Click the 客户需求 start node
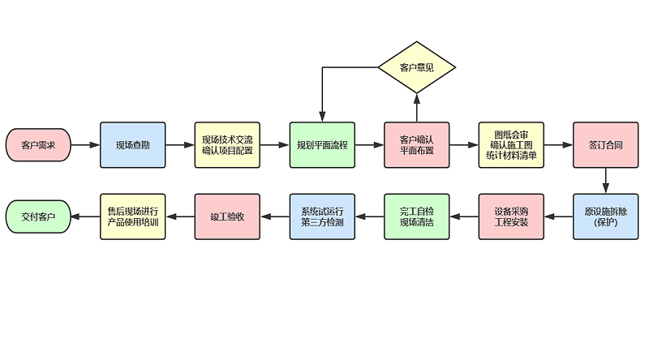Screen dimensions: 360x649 point(38,145)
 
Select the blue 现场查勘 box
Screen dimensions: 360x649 point(132,145)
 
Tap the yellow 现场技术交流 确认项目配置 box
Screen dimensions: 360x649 point(227,145)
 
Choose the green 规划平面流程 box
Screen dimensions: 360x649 point(322,145)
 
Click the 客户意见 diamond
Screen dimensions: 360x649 point(417,66)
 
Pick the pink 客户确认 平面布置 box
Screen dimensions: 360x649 point(417,145)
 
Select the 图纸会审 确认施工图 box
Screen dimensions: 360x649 point(511,145)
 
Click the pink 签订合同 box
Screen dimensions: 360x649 point(605,145)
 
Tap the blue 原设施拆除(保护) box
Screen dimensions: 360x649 point(605,216)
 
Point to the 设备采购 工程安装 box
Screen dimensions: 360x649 point(511,216)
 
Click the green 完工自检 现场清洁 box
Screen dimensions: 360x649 point(417,216)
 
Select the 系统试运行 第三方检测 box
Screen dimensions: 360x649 point(322,216)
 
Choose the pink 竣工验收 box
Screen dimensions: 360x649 point(227,216)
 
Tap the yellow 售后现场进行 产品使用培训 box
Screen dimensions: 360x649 point(132,216)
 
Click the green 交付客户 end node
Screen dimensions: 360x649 point(38,216)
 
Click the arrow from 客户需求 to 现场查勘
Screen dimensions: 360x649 point(85,145)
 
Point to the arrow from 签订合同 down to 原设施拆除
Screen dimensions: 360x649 point(605,181)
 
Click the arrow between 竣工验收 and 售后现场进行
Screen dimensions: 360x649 point(179,216)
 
